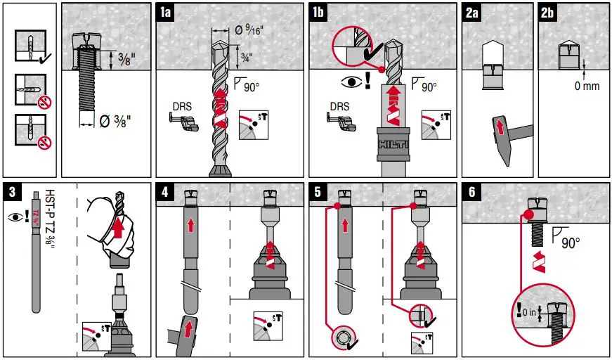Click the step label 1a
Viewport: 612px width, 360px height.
(x=164, y=12)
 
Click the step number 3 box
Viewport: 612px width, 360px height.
(x=11, y=191)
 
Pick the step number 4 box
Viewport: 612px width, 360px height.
(x=164, y=191)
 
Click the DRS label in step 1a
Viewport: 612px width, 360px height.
(x=182, y=107)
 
